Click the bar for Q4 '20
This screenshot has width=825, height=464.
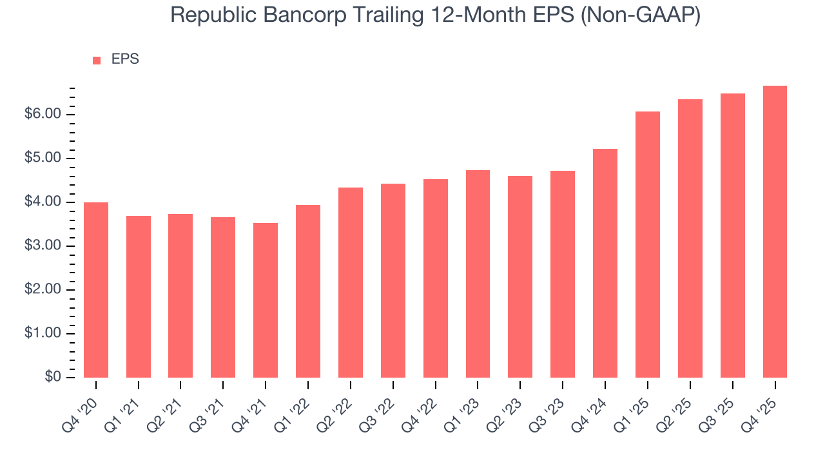pyautogui.click(x=96, y=290)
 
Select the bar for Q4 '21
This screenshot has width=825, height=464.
pyautogui.click(x=266, y=300)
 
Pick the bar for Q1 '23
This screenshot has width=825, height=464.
pyautogui.click(x=478, y=274)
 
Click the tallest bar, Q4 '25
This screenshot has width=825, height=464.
pyautogui.click(x=775, y=231)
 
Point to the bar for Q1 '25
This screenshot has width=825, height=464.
pyautogui.click(x=648, y=244)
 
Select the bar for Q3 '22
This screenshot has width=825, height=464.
pyautogui.click(x=393, y=280)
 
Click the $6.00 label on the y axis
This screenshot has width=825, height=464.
pyautogui.click(x=44, y=114)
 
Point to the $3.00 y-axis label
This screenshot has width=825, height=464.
pyautogui.click(x=44, y=246)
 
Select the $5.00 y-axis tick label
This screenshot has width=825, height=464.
pyautogui.click(x=44, y=158)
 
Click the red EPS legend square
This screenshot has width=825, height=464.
pyautogui.click(x=97, y=60)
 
